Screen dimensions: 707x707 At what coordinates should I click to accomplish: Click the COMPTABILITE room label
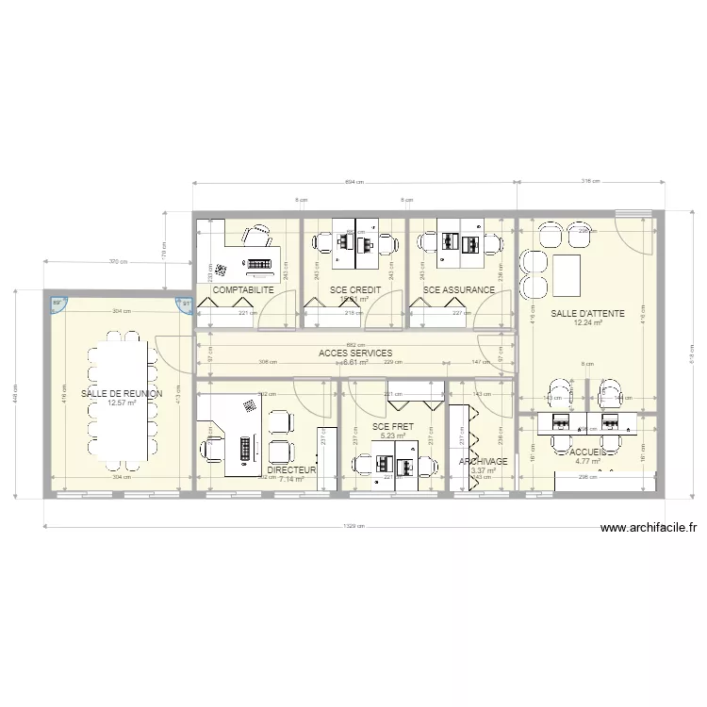pos(242,290)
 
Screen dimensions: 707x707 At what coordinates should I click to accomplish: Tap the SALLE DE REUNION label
pos(122,393)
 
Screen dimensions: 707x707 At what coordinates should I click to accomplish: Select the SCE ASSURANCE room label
pos(459,290)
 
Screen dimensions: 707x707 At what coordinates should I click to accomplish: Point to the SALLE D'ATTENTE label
pos(587,313)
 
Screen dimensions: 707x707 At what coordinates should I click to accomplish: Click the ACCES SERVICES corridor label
pos(355,353)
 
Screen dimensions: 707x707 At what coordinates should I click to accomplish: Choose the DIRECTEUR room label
pos(291,469)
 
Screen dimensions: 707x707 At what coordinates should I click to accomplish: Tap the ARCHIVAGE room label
pos(483,462)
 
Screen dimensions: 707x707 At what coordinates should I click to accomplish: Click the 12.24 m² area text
pos(587,323)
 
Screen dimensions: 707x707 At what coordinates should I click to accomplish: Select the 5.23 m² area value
pos(393,436)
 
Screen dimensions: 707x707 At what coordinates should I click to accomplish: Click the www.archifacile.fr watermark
pos(648,529)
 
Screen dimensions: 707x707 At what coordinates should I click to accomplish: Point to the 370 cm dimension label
pos(117,261)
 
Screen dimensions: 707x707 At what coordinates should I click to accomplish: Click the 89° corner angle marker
pos(57,303)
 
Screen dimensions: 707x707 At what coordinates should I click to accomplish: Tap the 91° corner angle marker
pos(186,303)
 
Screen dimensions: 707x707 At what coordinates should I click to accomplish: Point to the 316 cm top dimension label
pos(590,182)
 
